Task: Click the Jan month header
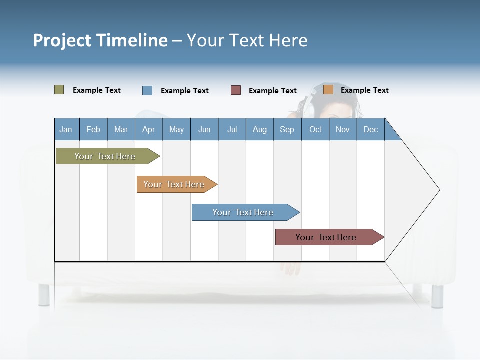66,129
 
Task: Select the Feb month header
93,129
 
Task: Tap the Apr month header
148,129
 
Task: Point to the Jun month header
204,129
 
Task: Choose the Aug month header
259,129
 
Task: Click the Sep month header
287,129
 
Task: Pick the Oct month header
315,129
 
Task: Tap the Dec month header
370,129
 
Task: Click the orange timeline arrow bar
175,184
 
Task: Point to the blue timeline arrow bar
244,212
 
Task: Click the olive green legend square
59,90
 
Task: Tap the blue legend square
147,90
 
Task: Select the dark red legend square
236,90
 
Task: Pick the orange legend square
328,90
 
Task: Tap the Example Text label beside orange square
364,90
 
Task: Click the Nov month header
342,129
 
